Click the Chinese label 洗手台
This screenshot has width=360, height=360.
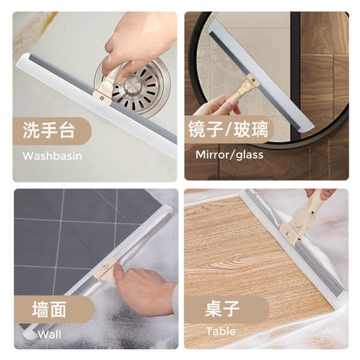[48, 129]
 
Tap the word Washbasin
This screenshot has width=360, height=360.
[53, 155]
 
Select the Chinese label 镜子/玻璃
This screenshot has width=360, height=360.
[226, 129]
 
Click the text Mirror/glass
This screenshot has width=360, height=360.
[229, 155]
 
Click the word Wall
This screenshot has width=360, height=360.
[49, 334]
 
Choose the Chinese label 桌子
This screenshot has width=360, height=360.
[222, 307]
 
